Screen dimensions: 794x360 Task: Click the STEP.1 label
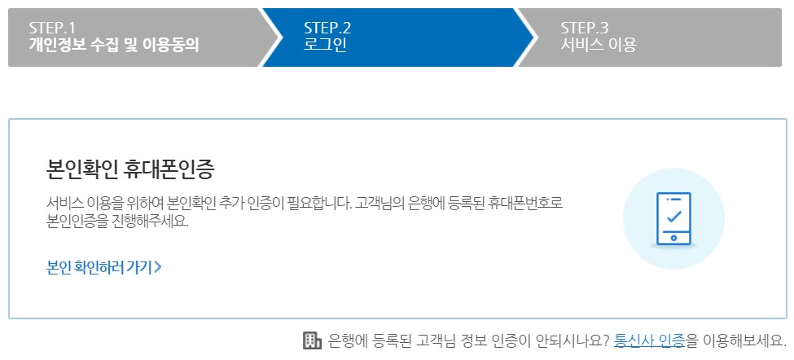coord(52,28)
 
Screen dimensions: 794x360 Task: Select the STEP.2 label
coord(327,28)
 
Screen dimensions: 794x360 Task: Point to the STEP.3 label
coord(585,28)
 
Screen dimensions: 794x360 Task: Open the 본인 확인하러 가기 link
coord(100,266)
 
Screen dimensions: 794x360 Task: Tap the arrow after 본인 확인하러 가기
coord(158,266)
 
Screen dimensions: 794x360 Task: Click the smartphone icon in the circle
coord(673,218)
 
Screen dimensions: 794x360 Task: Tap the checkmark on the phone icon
coord(673,217)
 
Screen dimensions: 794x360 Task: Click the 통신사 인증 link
coord(649,340)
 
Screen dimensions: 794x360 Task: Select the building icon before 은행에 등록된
coord(311,340)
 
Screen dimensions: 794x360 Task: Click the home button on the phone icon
coord(673,238)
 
